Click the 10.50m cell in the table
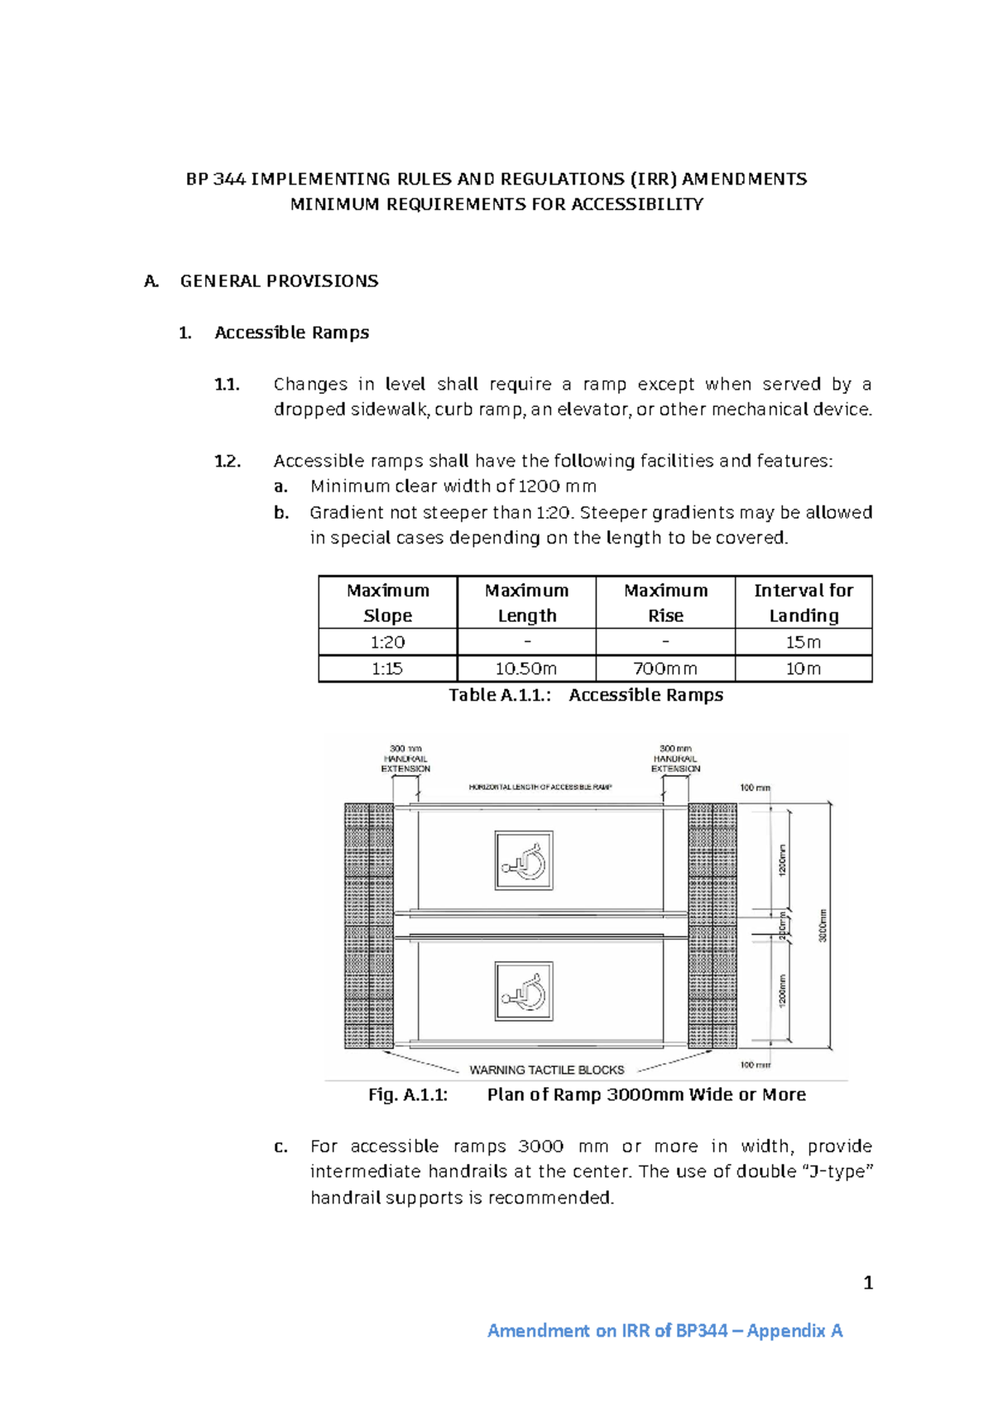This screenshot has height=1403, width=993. [x=526, y=668]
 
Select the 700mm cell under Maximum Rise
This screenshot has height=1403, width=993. [x=665, y=668]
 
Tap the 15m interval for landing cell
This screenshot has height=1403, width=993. [x=804, y=642]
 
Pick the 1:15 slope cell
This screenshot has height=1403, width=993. [x=387, y=668]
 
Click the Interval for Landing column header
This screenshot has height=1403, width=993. [x=804, y=602]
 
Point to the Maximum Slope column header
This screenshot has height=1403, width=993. [x=387, y=602]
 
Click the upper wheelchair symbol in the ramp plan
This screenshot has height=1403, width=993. [x=524, y=861]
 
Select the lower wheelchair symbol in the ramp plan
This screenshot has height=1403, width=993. [x=524, y=991]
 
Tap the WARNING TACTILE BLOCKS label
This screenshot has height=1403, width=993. [x=547, y=1070]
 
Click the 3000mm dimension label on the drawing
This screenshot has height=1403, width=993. [x=823, y=926]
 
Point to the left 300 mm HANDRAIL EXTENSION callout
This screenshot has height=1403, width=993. [x=405, y=759]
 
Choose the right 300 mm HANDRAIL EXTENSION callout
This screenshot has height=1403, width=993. [x=675, y=759]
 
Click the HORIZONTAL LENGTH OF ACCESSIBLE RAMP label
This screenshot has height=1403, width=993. [x=540, y=787]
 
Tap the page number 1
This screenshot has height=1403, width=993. [x=868, y=1283]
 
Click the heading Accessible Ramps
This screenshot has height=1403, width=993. [x=291, y=333]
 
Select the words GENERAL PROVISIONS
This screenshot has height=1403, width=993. [x=279, y=281]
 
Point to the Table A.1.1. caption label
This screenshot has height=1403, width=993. [x=500, y=695]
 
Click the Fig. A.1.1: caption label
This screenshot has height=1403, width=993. [x=408, y=1094]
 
